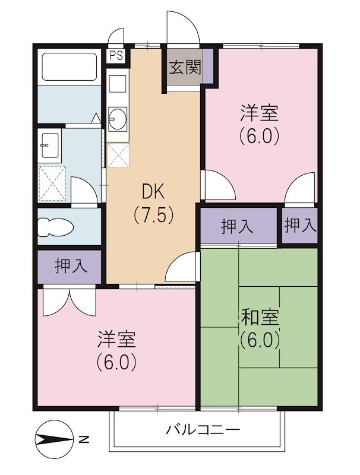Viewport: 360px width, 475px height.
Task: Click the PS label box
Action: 116,56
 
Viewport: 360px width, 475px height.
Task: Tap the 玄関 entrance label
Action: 185,67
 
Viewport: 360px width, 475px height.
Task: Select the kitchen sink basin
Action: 118,118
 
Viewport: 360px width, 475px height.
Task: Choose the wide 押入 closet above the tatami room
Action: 238,226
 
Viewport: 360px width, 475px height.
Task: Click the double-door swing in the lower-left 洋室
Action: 70,300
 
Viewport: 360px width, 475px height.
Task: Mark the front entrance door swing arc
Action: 182,27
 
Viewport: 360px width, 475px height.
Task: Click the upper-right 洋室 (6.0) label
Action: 260,124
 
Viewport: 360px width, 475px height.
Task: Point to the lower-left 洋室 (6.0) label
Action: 117,350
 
